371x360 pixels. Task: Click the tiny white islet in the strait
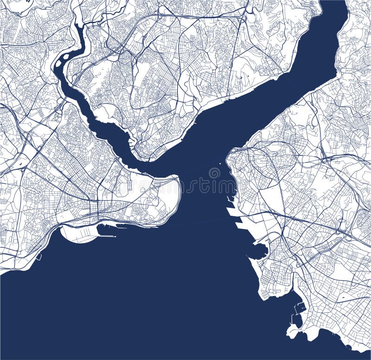[219, 163]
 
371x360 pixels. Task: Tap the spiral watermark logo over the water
[214, 173]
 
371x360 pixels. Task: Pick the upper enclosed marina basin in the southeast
[300, 307]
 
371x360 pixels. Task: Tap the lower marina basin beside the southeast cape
[295, 320]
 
